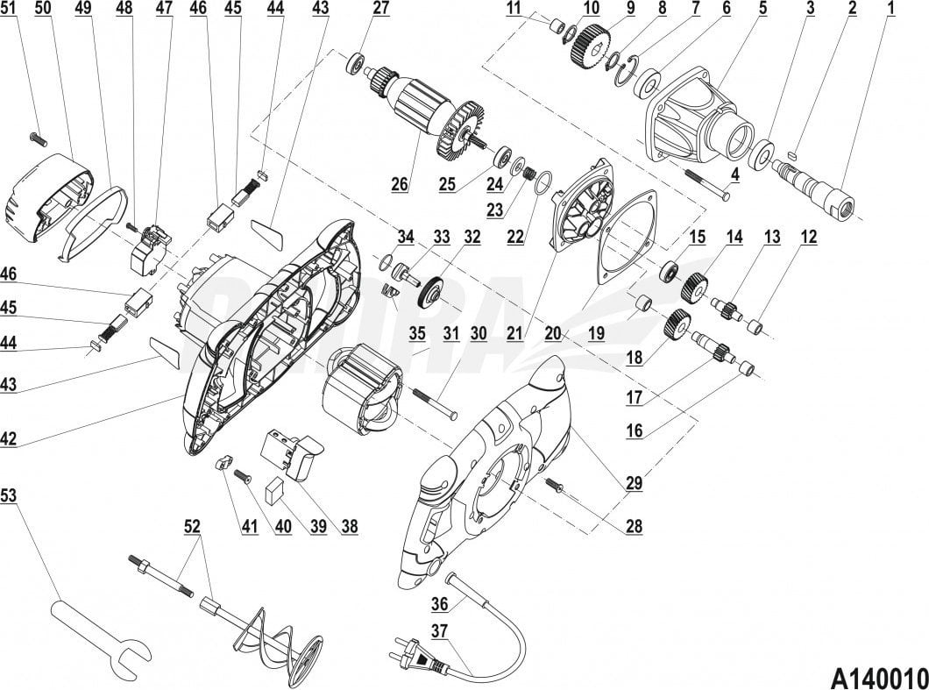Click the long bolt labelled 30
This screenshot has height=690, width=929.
coord(435,404)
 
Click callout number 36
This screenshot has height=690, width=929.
coord(440,602)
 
